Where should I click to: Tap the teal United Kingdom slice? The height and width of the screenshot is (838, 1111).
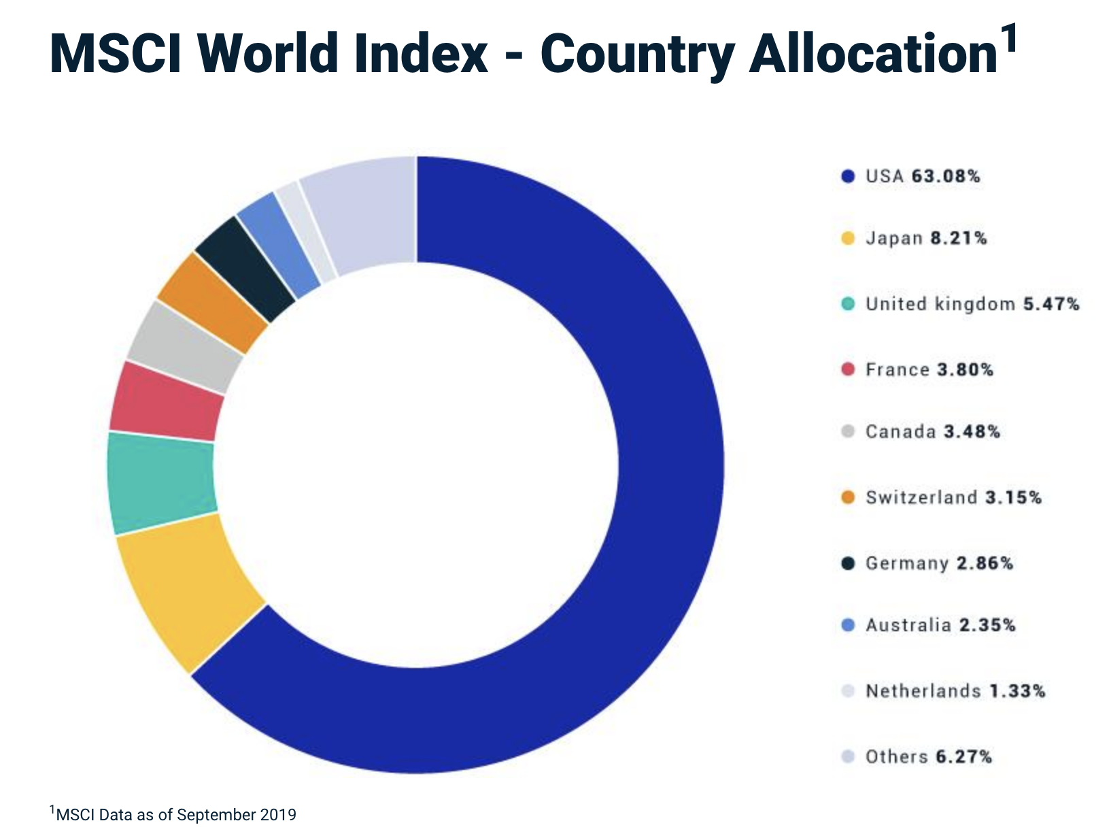pos(162,483)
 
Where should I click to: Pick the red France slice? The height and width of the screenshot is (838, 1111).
pos(167,401)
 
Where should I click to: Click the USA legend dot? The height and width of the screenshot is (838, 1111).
pos(847,177)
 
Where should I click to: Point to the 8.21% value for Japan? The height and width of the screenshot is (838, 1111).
pos(958,239)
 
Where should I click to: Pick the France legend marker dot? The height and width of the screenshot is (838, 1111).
pos(847,370)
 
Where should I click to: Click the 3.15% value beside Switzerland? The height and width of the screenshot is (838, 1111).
pos(1013,498)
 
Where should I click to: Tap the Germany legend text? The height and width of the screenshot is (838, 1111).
pos(906,564)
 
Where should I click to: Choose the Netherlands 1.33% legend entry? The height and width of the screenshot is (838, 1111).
pos(955,692)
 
